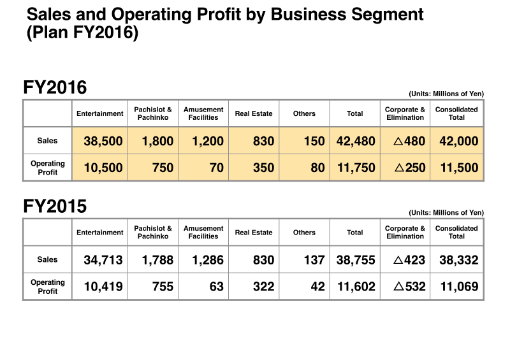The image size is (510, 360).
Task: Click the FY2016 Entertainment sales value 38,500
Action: (103, 141)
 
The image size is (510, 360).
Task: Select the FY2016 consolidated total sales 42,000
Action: (458, 141)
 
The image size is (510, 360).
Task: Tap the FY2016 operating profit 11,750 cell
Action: (355, 168)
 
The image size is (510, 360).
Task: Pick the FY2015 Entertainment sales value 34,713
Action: (103, 260)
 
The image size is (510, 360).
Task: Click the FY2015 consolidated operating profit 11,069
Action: (458, 287)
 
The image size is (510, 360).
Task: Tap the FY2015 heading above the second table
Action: (55, 206)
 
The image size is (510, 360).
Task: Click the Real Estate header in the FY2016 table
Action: (253, 113)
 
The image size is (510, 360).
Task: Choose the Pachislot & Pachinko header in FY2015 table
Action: (153, 233)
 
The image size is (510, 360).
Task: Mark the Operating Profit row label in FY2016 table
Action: (48, 168)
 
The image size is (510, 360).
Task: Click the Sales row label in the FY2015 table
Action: (48, 260)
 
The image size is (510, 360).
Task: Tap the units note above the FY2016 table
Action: (446, 94)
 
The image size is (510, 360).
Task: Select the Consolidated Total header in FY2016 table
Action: (456, 113)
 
